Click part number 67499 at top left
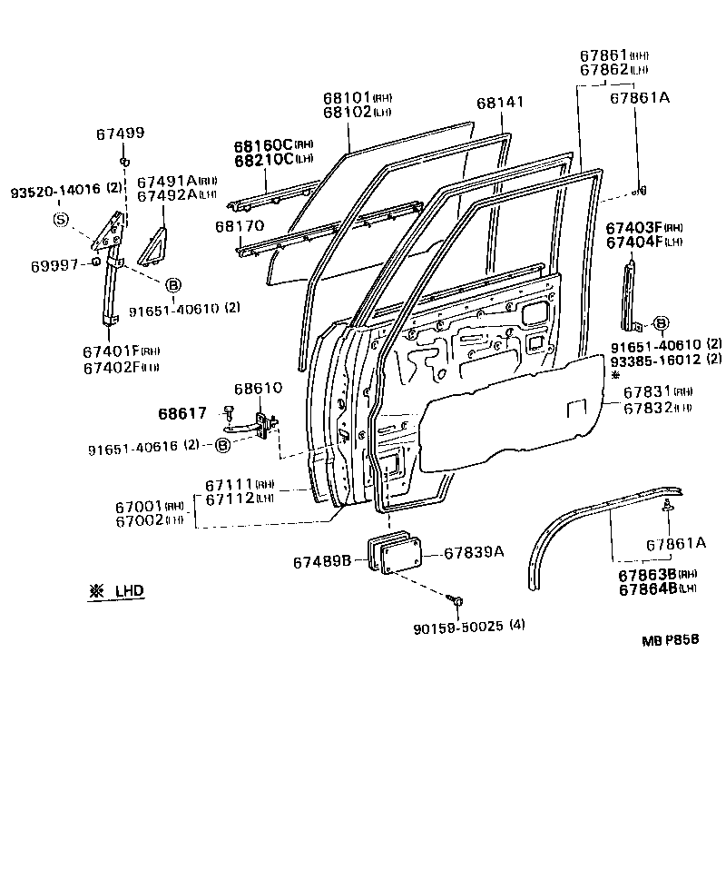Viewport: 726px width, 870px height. tap(120, 133)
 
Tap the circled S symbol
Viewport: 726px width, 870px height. tap(60, 219)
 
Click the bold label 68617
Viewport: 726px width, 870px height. tap(182, 413)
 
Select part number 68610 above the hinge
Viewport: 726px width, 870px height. tap(259, 389)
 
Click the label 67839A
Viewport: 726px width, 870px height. tap(473, 551)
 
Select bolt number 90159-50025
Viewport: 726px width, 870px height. tap(464, 625)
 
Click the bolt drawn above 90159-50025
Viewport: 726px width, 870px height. tap(456, 600)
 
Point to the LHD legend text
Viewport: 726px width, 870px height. tap(128, 590)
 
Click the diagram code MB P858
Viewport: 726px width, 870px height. tap(671, 639)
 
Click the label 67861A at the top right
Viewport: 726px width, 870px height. tap(639, 98)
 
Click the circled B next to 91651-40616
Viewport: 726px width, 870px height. tap(221, 445)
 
